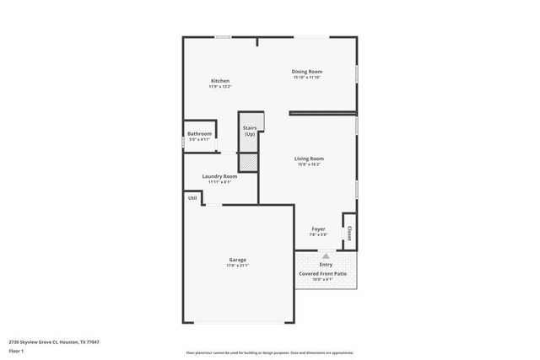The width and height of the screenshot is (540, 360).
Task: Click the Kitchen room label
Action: point(219,81)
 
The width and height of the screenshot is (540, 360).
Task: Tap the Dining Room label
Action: point(307,72)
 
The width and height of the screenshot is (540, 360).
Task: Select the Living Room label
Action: point(309,159)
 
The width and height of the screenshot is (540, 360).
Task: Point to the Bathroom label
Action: point(199,133)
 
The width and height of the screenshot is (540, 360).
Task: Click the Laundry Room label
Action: point(219,176)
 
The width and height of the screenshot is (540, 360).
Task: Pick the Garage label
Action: point(238,260)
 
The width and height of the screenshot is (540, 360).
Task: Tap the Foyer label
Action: point(318,228)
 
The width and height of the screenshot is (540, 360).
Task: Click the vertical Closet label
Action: point(348,231)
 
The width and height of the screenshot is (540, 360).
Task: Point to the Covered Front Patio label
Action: point(323,274)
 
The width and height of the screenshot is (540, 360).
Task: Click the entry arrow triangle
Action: point(326,255)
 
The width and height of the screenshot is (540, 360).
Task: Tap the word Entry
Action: point(326,264)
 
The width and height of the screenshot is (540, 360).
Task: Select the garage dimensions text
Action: point(238,266)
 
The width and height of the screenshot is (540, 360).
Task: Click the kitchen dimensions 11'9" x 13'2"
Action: point(219,87)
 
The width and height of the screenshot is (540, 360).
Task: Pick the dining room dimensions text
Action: point(307,78)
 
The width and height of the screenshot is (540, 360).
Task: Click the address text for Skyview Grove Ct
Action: point(48,342)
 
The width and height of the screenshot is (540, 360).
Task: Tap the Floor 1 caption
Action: point(16,351)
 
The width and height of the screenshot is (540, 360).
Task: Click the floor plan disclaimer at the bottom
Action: point(269,352)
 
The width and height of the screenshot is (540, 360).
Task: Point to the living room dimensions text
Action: point(309,164)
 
